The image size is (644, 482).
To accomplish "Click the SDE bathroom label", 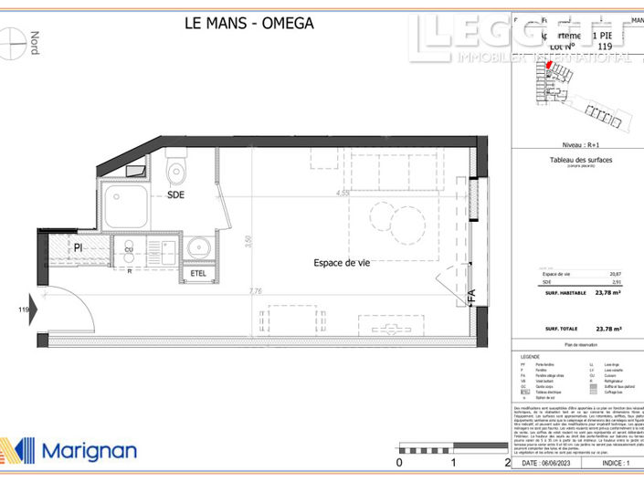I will click(176, 195).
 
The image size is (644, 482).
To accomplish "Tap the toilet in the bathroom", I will click(176, 171).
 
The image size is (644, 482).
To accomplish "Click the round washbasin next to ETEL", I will click(198, 247).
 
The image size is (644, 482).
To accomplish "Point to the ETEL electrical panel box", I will click(198, 273).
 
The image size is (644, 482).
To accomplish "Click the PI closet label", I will click(79, 247).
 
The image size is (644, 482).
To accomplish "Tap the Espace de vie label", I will click(342, 263).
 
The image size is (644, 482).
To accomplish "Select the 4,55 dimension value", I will click(343, 194).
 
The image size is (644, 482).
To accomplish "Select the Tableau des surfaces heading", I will click(575, 161).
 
